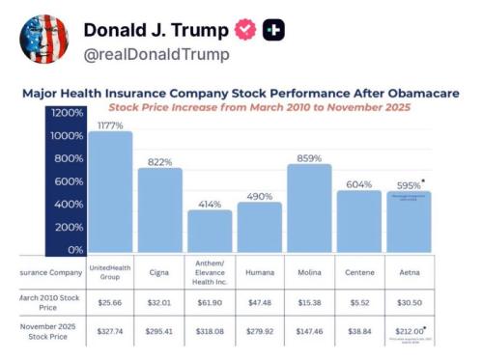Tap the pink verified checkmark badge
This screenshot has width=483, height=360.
point(246,30)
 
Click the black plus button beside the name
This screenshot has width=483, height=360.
point(274,30)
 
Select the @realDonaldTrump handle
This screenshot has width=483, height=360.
point(157,55)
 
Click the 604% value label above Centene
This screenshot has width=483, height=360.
point(358,183)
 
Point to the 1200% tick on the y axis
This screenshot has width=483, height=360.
point(69,113)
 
